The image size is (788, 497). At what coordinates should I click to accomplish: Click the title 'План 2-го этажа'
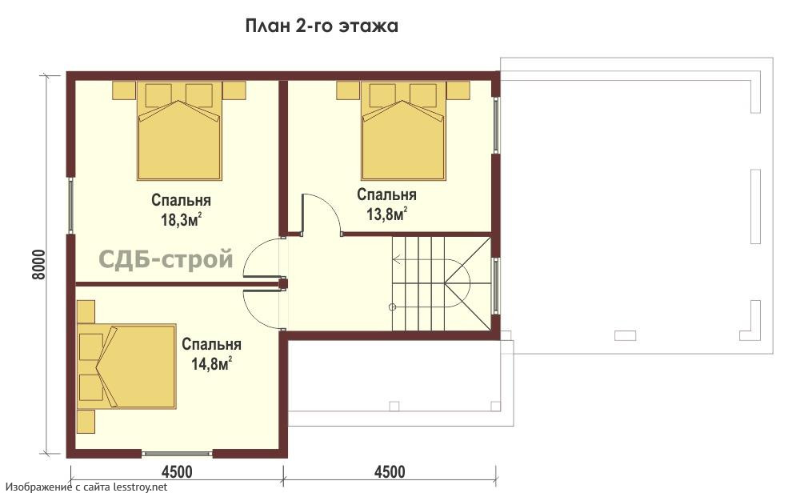(322, 26)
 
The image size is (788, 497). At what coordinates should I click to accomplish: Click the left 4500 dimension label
(177, 472)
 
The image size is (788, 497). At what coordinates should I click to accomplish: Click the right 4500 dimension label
(390, 472)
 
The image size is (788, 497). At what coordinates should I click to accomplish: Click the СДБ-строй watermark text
(166, 259)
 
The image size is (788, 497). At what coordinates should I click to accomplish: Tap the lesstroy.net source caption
(86, 487)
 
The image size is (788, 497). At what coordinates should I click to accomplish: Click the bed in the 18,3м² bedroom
(179, 130)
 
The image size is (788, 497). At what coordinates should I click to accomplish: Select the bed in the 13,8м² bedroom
(403, 130)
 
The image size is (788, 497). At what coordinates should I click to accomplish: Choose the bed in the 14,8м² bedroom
(126, 366)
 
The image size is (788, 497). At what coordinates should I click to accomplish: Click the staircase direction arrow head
(396, 260)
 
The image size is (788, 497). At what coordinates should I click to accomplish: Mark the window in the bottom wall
(178, 453)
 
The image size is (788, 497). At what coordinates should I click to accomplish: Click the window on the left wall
(71, 205)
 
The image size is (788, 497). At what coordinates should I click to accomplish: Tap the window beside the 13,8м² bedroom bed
(496, 125)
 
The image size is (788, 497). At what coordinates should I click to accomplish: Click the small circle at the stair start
(393, 307)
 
